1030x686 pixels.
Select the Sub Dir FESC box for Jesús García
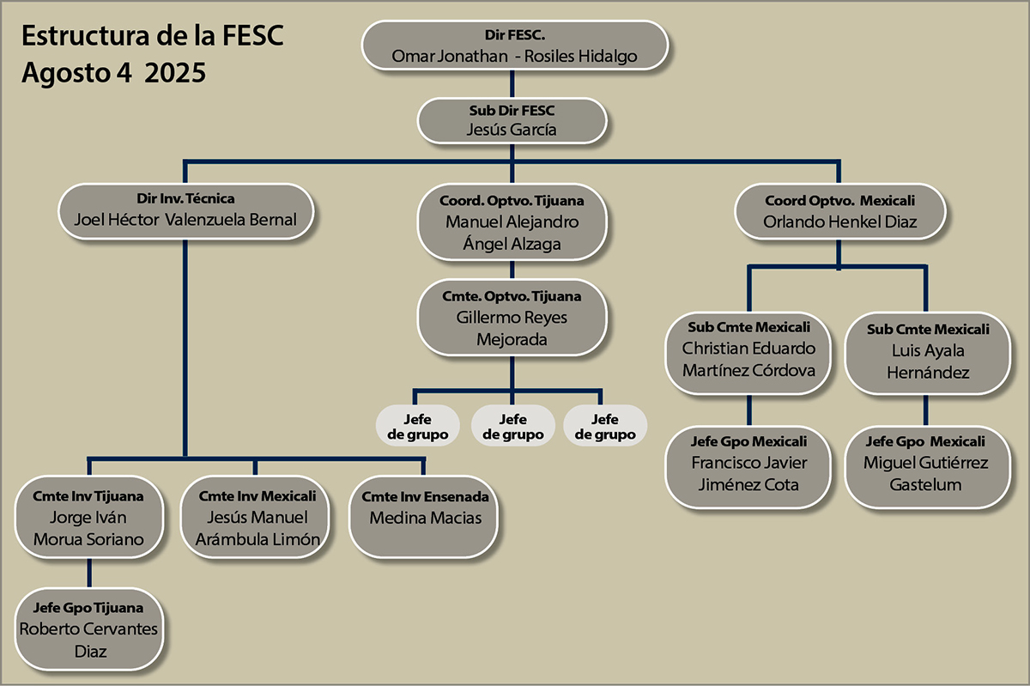(x=512, y=121)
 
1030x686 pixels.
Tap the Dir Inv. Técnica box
(x=185, y=211)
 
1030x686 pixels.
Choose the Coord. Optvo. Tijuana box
(x=512, y=223)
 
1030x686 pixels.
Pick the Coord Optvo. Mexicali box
(x=840, y=213)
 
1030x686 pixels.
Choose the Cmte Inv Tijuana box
(x=88, y=519)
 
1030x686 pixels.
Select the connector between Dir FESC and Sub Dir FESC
(x=512, y=84)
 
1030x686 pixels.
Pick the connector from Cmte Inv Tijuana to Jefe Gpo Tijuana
(x=89, y=573)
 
